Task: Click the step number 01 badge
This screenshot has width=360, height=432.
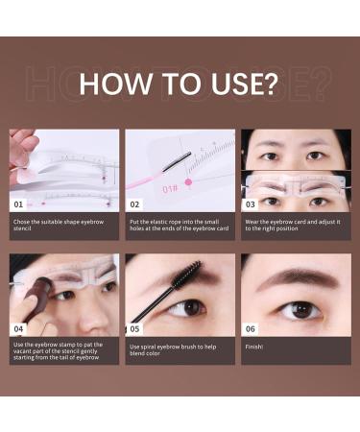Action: click(17, 204)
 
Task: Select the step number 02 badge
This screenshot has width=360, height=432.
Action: click(134, 204)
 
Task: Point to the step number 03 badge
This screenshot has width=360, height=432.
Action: click(251, 204)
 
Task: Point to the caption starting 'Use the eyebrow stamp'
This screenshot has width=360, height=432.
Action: click(63, 349)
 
